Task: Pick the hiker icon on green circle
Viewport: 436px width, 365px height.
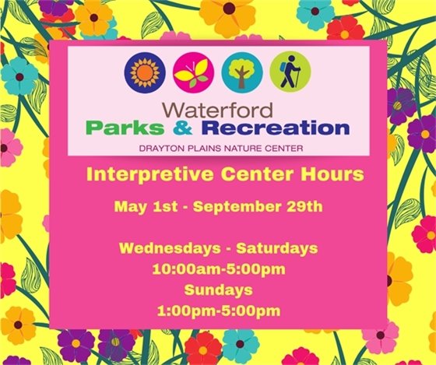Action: [290, 72]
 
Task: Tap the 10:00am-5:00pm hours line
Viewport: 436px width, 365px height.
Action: [218, 270]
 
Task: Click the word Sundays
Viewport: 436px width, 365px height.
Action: [218, 290]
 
